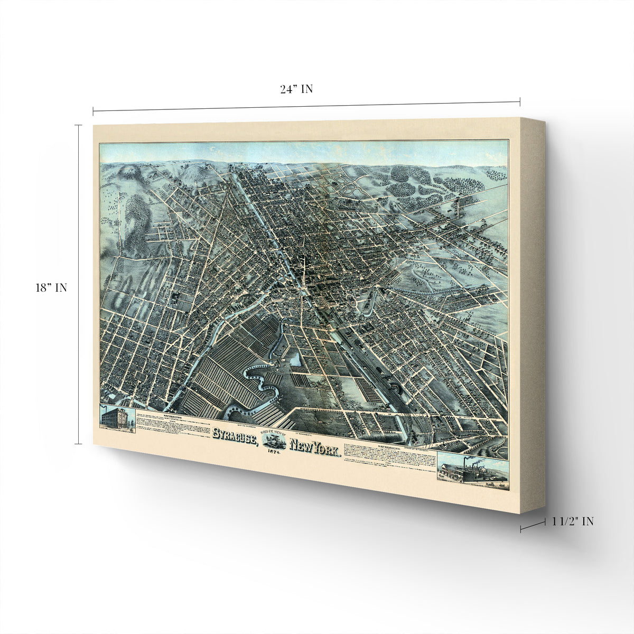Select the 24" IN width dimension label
click(296, 89)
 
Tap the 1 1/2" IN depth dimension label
click(573, 521)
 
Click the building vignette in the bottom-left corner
click(117, 418)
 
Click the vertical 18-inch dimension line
click(78, 285)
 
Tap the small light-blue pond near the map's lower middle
click(295, 360)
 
